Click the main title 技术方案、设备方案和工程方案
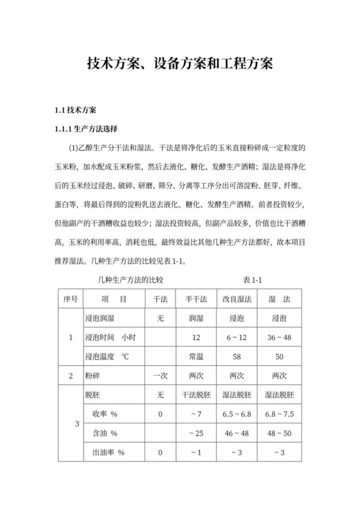[x=180, y=64]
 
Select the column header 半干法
[x=195, y=299]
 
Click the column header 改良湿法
[x=236, y=299]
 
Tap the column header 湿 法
[x=279, y=299]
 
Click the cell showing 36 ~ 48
[x=279, y=337]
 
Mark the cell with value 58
[x=236, y=356]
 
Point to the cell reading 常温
[x=195, y=356]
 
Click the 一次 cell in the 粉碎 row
[x=159, y=375]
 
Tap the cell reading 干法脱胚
[x=195, y=395]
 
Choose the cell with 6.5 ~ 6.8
[x=236, y=414]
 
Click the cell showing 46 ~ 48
[x=236, y=433]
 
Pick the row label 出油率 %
[x=108, y=452]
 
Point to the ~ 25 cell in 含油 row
[x=195, y=433]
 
